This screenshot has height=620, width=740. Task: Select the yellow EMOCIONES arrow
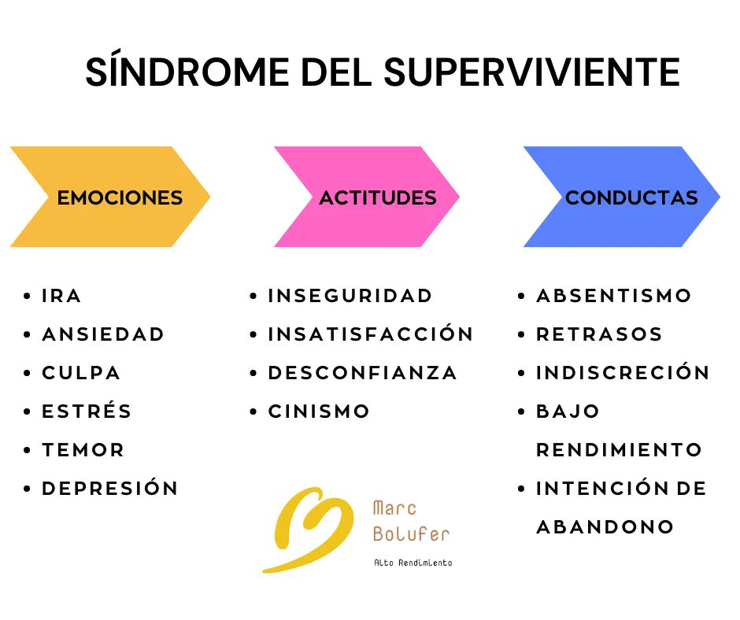[x=110, y=197]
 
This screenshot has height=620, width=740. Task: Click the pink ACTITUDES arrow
[x=367, y=197]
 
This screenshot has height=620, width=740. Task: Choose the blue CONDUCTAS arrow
[x=622, y=197]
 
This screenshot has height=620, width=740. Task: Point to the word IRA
[x=61, y=296]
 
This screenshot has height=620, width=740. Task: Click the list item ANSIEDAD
[x=103, y=334]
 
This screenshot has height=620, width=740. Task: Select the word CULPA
[x=81, y=373]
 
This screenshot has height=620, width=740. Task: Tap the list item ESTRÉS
[x=87, y=411]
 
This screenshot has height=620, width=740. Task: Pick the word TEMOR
[x=83, y=450]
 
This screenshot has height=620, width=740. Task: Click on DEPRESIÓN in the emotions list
[x=110, y=489]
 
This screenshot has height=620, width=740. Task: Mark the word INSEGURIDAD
[x=350, y=296]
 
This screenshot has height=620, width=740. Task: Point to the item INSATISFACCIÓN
[x=371, y=334]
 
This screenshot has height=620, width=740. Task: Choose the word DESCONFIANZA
[x=363, y=373]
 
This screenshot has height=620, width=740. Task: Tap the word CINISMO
[x=319, y=411]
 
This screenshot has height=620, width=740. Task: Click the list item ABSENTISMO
[x=614, y=296]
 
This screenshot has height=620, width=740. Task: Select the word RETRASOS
[x=599, y=334]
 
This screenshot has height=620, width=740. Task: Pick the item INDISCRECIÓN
[x=623, y=373]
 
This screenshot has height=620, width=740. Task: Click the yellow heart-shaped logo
[x=309, y=527]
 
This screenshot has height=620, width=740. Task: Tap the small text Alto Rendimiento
[x=413, y=563]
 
